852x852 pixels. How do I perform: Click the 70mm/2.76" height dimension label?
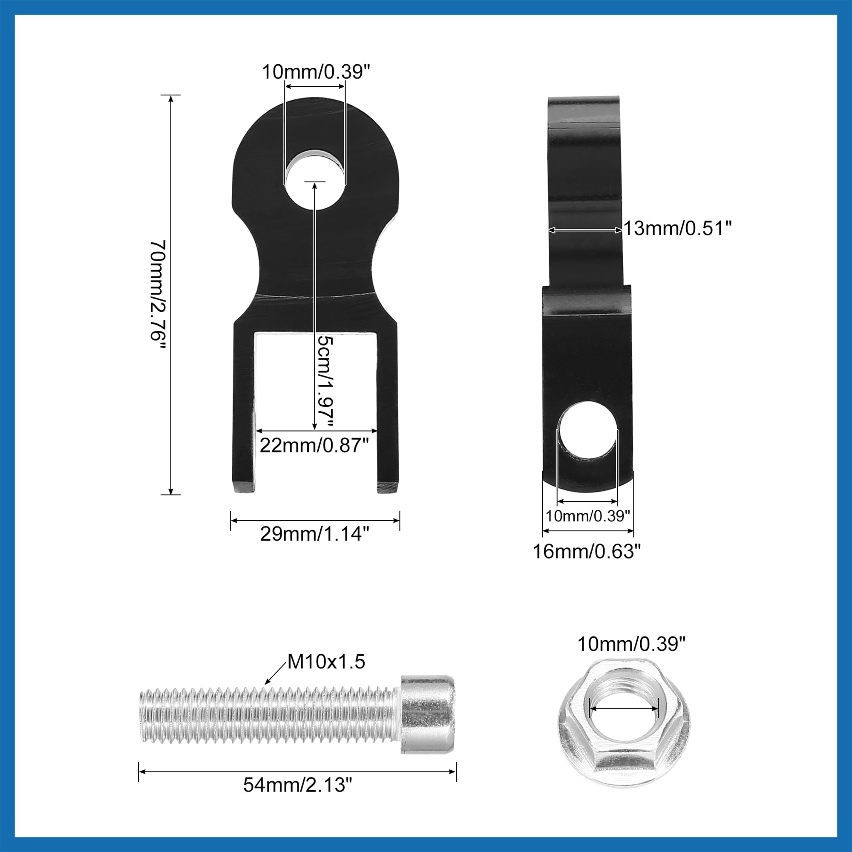(x=158, y=296)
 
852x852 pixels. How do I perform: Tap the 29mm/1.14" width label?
(x=314, y=534)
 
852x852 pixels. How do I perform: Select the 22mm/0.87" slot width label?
(x=314, y=446)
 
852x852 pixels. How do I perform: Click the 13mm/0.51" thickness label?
(x=677, y=228)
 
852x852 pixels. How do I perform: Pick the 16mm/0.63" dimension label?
(x=587, y=551)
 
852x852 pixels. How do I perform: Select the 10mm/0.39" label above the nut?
(x=631, y=644)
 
